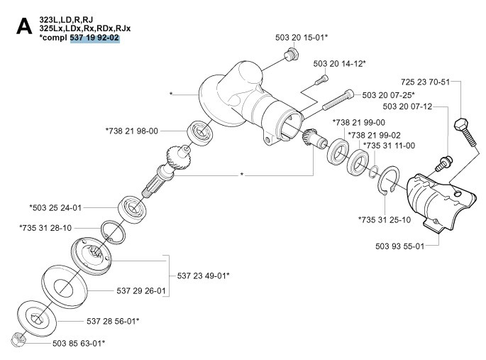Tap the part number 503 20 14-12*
(x=340, y=64)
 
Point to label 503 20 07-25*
(x=388, y=94)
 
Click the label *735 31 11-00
(x=389, y=146)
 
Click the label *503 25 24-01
(x=55, y=208)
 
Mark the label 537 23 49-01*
(x=203, y=275)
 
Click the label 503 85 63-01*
(x=79, y=344)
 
